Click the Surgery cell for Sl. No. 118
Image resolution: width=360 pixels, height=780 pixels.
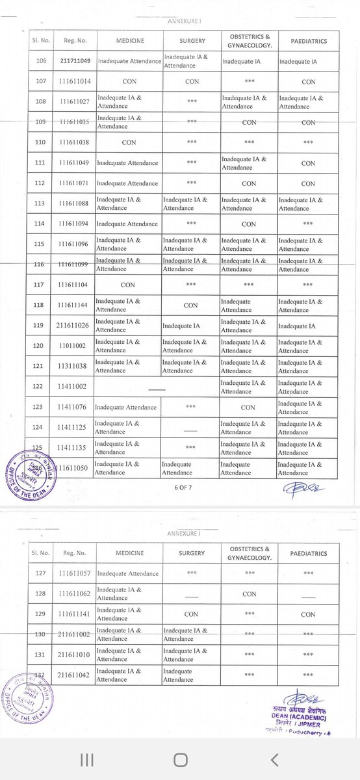[191, 305]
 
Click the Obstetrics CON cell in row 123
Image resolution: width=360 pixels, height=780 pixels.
[248, 408]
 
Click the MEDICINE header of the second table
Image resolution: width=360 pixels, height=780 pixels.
[125, 552]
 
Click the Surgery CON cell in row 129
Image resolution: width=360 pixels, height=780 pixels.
[191, 613]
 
